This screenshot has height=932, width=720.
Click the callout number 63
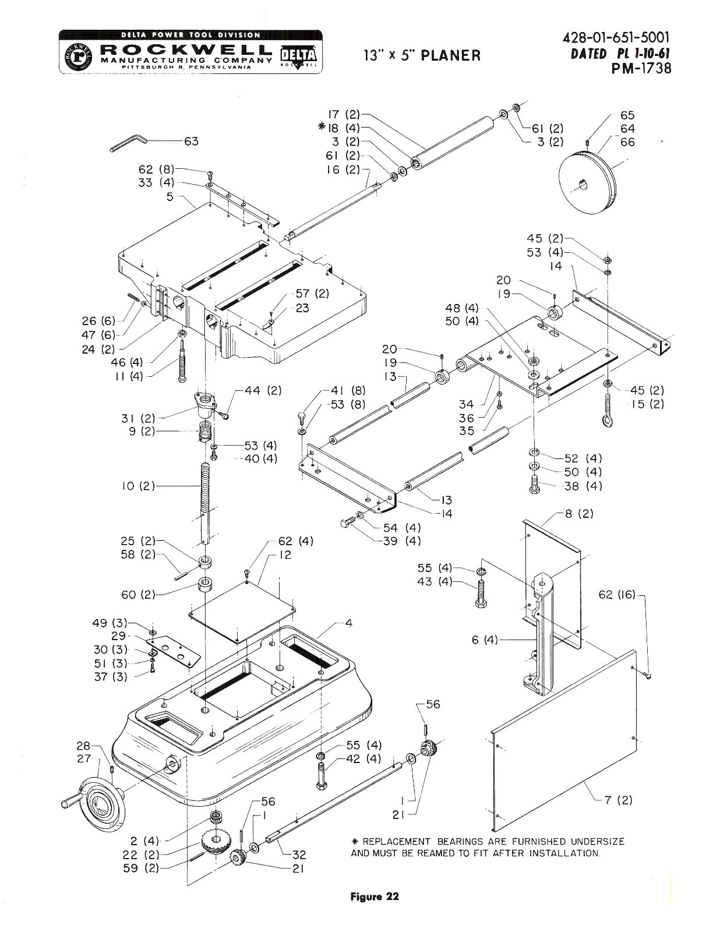pyautogui.click(x=191, y=141)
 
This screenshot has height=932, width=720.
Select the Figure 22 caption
pyautogui.click(x=375, y=896)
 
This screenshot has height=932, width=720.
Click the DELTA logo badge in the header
pyautogui.click(x=298, y=56)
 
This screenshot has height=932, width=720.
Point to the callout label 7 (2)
pyautogui.click(x=618, y=800)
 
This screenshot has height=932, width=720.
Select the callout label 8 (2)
pyautogui.click(x=579, y=514)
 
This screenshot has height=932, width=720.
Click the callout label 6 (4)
pyautogui.click(x=485, y=640)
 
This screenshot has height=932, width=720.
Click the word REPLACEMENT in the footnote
pyautogui.click(x=396, y=842)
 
